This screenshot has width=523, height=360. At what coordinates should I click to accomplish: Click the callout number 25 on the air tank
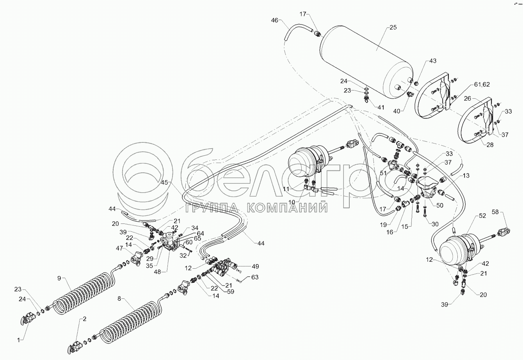393,28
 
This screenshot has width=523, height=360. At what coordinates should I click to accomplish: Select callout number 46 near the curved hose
275,20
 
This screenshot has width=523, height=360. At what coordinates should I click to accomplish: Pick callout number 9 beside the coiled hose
59,278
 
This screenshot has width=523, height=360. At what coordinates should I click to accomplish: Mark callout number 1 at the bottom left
18,340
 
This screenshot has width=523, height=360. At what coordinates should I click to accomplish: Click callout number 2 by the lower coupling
84,319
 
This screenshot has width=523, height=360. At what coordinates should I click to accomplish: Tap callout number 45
165,182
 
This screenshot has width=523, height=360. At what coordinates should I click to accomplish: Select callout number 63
255,278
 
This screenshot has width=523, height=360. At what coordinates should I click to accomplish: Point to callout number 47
119,248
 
